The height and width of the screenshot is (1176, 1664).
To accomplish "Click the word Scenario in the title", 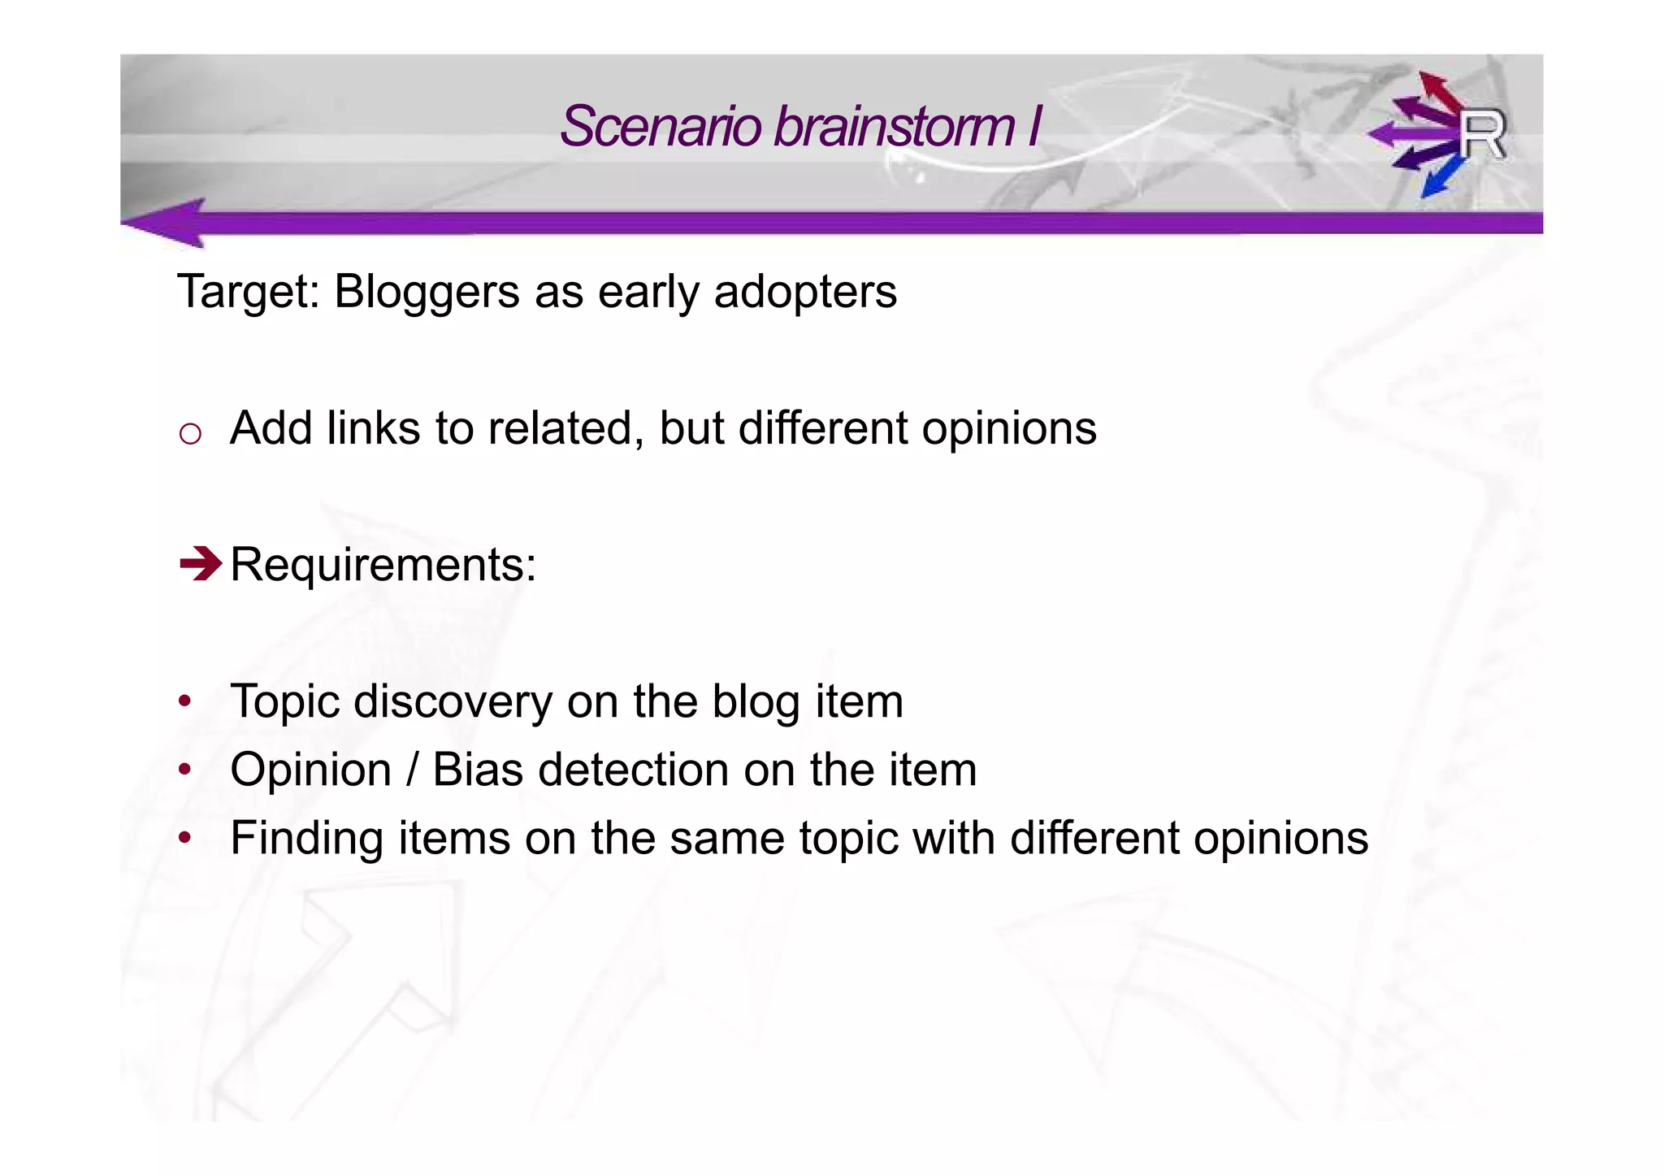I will [x=661, y=127].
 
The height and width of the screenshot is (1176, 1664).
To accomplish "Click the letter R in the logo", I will [x=1481, y=135].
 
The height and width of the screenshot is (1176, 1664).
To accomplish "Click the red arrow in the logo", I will [x=1439, y=89].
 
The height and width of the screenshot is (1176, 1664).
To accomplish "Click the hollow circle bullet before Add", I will [x=190, y=434].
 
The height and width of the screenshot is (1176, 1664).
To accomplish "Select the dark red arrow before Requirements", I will [x=200, y=563].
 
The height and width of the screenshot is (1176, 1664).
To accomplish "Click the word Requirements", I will [x=383, y=564].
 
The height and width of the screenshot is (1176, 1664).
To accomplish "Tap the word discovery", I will [x=453, y=701].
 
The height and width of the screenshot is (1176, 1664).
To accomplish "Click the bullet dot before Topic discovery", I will [x=185, y=701].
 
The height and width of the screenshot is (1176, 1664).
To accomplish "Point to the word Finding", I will [x=306, y=838].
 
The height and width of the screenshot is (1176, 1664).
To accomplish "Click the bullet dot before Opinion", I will [x=185, y=769].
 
